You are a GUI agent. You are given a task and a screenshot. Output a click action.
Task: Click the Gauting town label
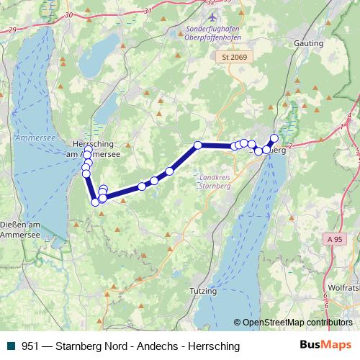click(308, 43)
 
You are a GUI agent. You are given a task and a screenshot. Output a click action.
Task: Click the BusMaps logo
click(325, 346)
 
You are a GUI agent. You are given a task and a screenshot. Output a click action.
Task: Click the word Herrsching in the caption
click(213, 346)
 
